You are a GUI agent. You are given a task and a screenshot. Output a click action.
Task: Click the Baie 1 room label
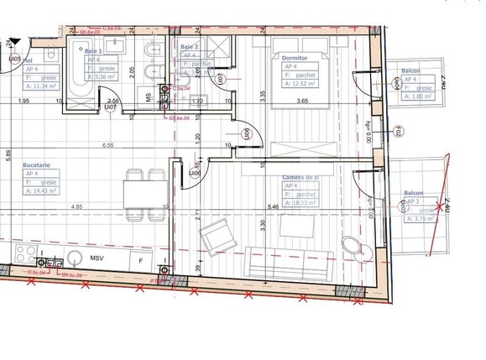pos(93,50)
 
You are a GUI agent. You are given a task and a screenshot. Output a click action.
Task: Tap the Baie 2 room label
pos(190,46)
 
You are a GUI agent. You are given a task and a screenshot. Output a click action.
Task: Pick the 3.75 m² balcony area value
pos(420,220)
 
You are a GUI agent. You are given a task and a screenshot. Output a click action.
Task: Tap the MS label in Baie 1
pos(149,97)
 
